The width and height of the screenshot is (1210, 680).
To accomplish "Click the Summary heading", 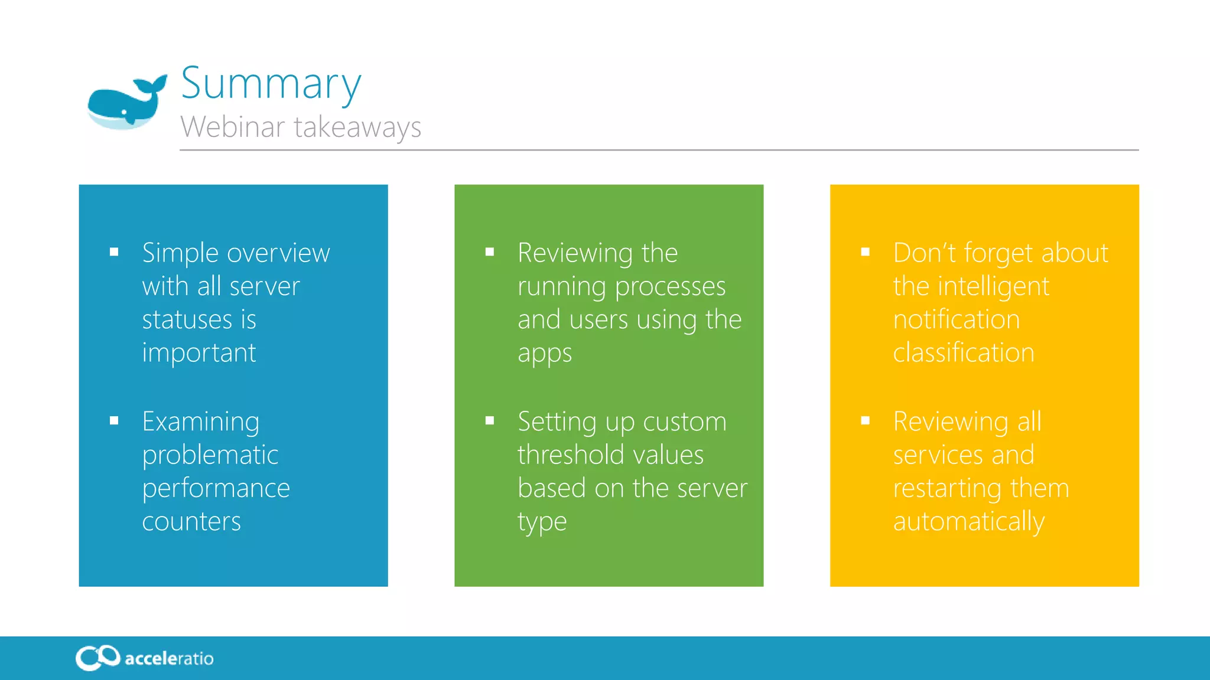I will [271, 84].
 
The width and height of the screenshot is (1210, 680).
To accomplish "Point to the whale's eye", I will [125, 112].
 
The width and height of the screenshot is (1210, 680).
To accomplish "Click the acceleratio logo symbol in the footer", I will [97, 658].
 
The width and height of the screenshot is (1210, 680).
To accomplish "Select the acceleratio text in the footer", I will [169, 659].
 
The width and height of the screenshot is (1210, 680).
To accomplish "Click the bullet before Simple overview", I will [114, 252].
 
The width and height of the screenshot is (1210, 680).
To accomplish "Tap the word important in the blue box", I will [199, 353].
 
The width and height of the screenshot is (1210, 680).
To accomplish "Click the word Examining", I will [201, 421].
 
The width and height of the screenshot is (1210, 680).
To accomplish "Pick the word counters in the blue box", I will [191, 521].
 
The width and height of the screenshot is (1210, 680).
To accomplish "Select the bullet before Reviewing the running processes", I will [490, 252].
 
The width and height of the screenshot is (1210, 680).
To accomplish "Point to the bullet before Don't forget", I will [866, 252].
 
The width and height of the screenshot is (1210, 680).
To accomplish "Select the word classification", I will [964, 353].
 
